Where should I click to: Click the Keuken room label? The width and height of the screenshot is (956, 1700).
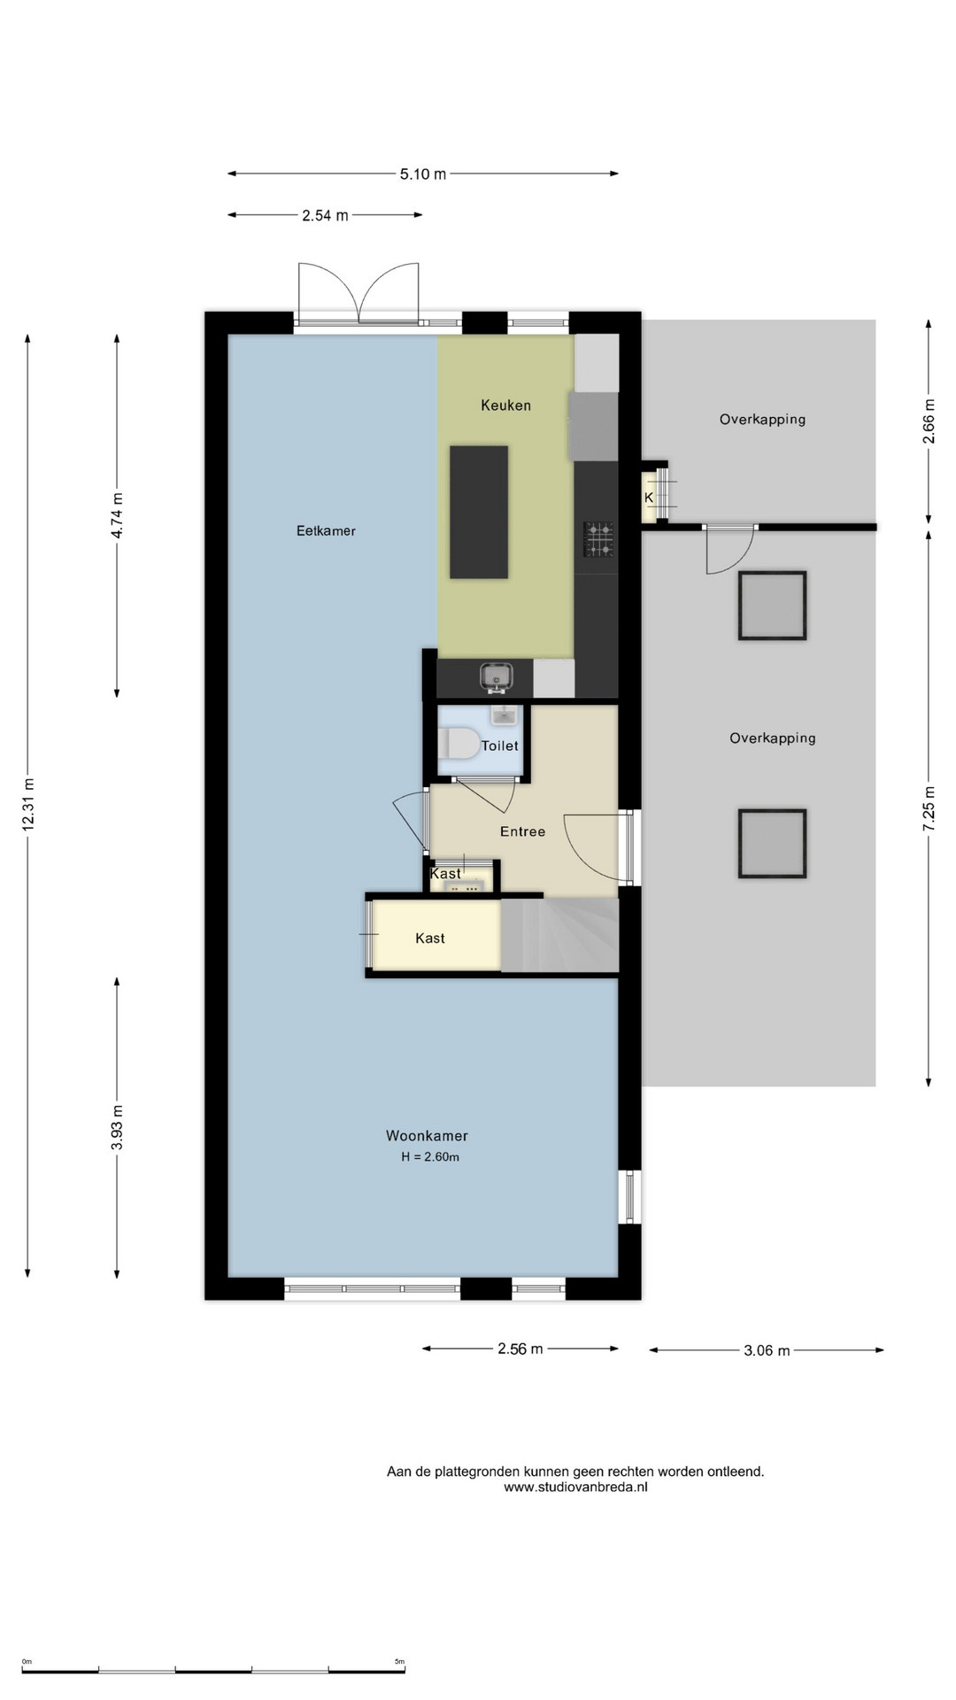505,406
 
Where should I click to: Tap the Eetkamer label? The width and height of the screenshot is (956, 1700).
326,531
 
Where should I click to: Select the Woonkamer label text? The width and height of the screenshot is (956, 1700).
427,1136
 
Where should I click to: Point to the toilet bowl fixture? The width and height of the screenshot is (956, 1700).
459,744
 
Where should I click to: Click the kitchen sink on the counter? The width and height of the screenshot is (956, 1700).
497,677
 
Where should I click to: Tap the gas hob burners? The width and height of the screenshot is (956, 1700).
598,539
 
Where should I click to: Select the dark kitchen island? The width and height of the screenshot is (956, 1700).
479,512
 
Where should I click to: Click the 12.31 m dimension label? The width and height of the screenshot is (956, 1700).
28,804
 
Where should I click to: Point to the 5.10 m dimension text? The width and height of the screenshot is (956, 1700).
423,174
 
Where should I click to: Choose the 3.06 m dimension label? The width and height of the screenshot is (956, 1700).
767,1351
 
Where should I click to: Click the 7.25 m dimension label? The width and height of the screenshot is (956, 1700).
929,808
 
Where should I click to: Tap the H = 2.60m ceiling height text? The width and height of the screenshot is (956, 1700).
430,1157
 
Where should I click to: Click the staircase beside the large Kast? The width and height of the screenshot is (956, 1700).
559,936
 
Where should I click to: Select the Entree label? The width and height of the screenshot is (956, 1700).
522,831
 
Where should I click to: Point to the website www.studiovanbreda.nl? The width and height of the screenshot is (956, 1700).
575,1487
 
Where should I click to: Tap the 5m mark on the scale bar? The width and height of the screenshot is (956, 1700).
399,1662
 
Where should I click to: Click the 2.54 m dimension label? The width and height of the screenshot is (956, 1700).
325,215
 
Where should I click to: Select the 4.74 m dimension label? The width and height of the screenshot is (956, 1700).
117,515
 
